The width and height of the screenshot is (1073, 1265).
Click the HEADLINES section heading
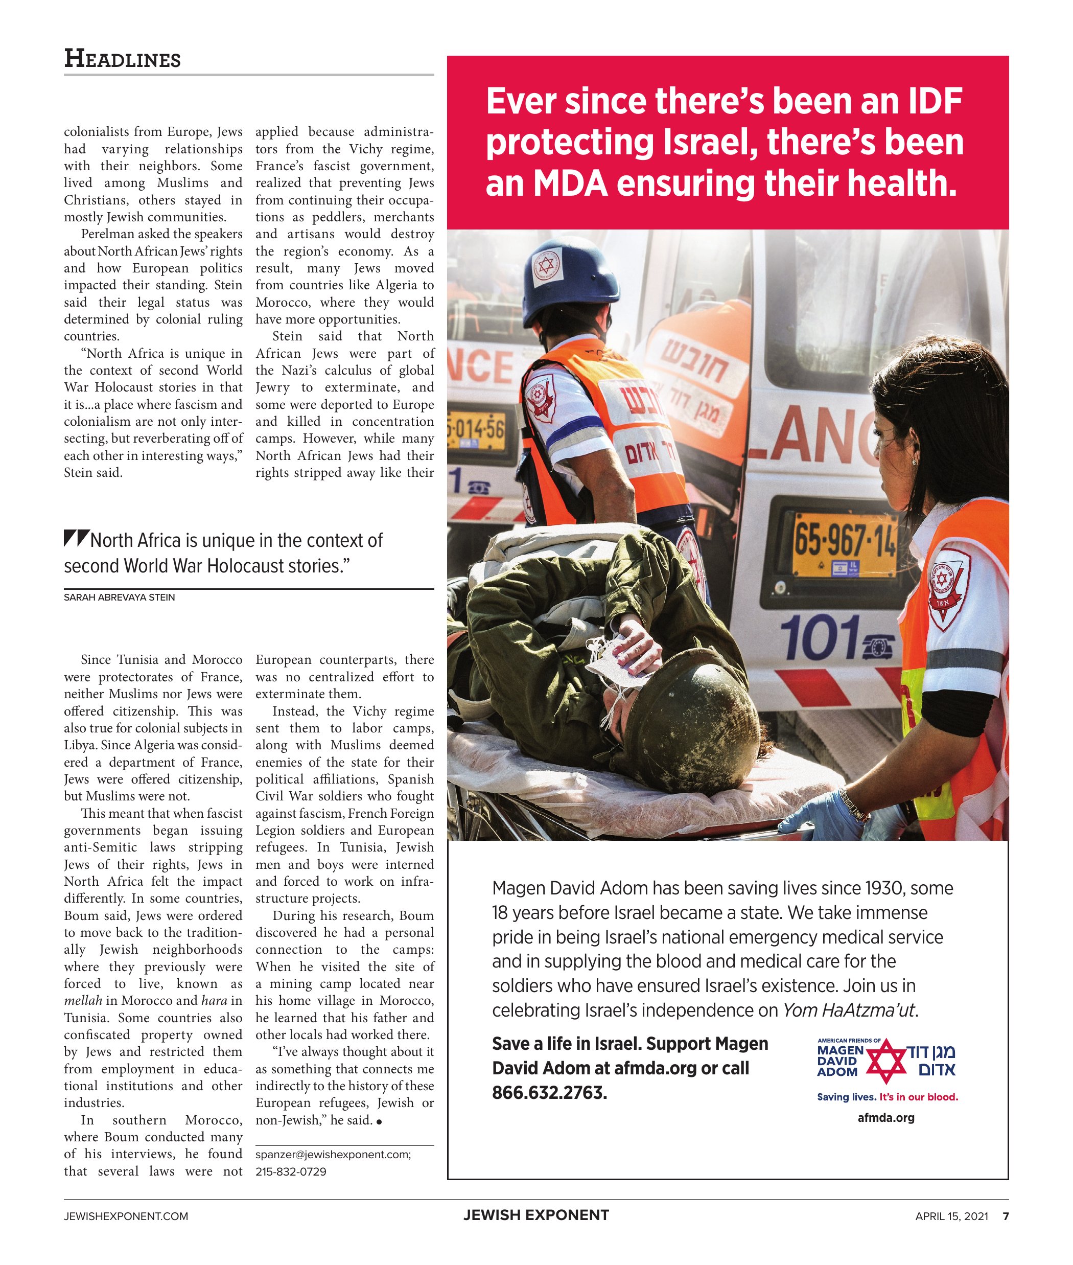click(122, 59)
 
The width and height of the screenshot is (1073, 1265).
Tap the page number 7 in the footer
click(1006, 1216)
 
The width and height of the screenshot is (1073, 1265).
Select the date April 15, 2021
click(951, 1216)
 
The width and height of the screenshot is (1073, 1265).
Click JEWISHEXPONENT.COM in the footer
click(126, 1216)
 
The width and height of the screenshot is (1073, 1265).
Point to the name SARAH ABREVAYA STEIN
click(119, 597)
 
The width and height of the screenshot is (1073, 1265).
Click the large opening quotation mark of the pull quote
click(77, 538)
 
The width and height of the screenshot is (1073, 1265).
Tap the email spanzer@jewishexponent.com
click(333, 1154)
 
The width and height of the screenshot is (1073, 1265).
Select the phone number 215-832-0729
click(291, 1171)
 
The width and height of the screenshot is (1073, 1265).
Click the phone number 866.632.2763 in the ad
click(549, 1093)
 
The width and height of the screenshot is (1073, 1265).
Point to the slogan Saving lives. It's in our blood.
click(888, 1097)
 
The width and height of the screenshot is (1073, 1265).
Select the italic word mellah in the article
click(83, 1001)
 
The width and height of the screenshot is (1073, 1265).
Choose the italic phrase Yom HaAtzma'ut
click(849, 1010)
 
